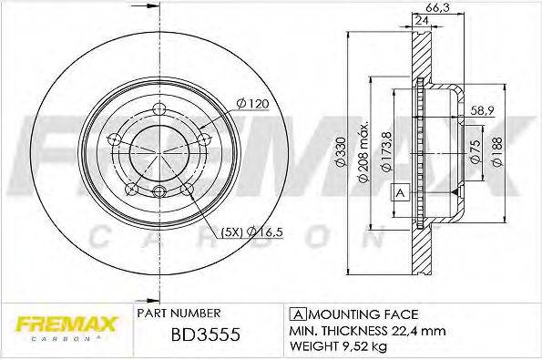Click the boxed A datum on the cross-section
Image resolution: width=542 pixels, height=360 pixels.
click(x=398, y=193)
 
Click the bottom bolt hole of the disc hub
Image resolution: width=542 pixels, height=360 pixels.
click(x=159, y=191)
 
